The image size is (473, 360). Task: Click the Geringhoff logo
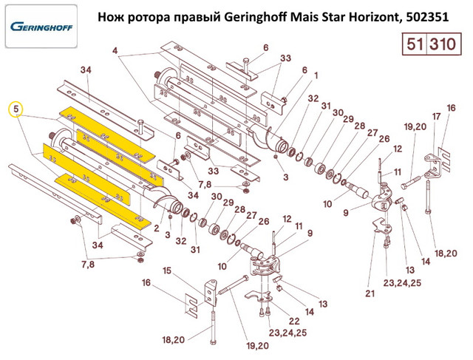(41, 27)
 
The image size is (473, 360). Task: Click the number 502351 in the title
(427, 18)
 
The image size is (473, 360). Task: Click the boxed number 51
(415, 44)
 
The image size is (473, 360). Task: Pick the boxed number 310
(443, 44)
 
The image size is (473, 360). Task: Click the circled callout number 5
(16, 109)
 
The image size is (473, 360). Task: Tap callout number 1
(316, 75)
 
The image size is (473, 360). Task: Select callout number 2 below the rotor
(156, 228)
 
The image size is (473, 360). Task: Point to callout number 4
(115, 50)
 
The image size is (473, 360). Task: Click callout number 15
(167, 271)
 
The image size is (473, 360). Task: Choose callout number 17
(436, 117)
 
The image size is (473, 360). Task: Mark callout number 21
(370, 293)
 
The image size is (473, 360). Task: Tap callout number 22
(294, 321)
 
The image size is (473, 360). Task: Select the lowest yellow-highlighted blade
(102, 200)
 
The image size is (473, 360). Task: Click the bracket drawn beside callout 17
(433, 166)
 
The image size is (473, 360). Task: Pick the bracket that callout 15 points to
(211, 293)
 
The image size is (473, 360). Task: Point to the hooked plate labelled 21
(381, 226)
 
